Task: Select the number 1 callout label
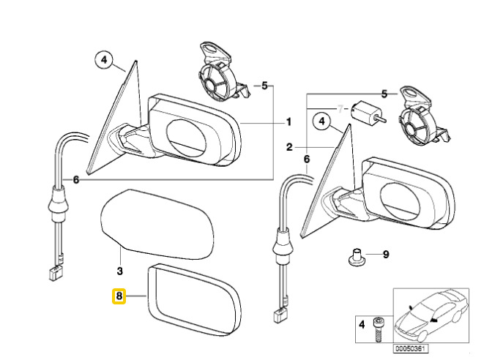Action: [288, 122]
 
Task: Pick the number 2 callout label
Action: [289, 147]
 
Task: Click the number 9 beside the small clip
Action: [387, 257]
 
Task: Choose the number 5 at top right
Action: [384, 94]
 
